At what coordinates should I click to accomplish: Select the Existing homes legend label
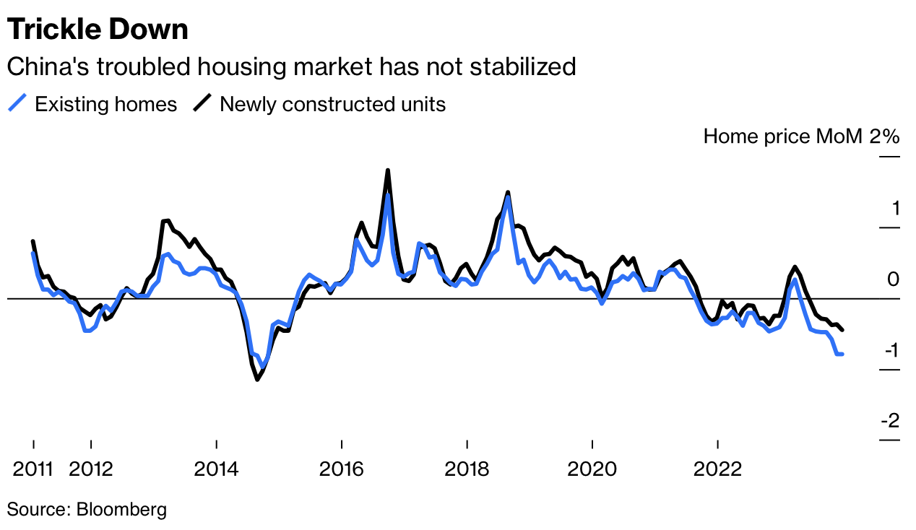[105, 104]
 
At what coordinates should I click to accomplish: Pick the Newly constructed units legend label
[332, 104]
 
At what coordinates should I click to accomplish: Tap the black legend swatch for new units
[202, 104]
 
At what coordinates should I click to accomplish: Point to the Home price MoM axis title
[782, 136]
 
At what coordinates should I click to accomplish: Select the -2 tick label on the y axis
[889, 420]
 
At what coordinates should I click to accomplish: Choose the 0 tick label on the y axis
[894, 279]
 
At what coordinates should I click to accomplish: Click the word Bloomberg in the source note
[120, 509]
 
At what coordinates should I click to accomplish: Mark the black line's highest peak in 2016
[388, 170]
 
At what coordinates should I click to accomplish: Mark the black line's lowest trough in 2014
[257, 379]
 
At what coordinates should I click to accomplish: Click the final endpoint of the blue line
[842, 354]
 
